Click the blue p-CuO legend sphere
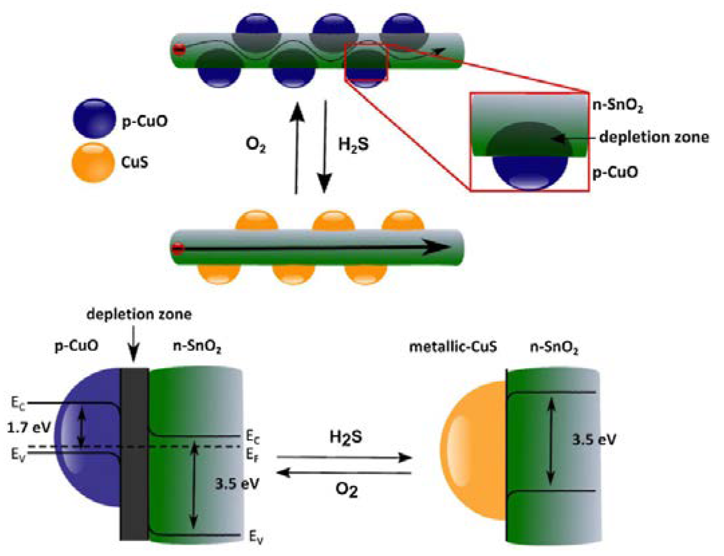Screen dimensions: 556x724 coord(94,118)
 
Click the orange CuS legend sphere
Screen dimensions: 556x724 coord(93,163)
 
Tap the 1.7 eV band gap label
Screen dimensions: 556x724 coord(29,427)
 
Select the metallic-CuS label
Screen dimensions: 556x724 coord(453,347)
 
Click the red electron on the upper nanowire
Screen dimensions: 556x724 coord(179,50)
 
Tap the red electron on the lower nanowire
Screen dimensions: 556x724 coord(178,249)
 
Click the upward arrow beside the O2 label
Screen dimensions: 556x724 coord(297,147)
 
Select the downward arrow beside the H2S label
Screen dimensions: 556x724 coord(324,147)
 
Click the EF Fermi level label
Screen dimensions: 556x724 coord(252,455)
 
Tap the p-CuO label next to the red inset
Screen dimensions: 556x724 coord(615,172)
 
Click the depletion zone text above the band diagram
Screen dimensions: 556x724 coord(139,314)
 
